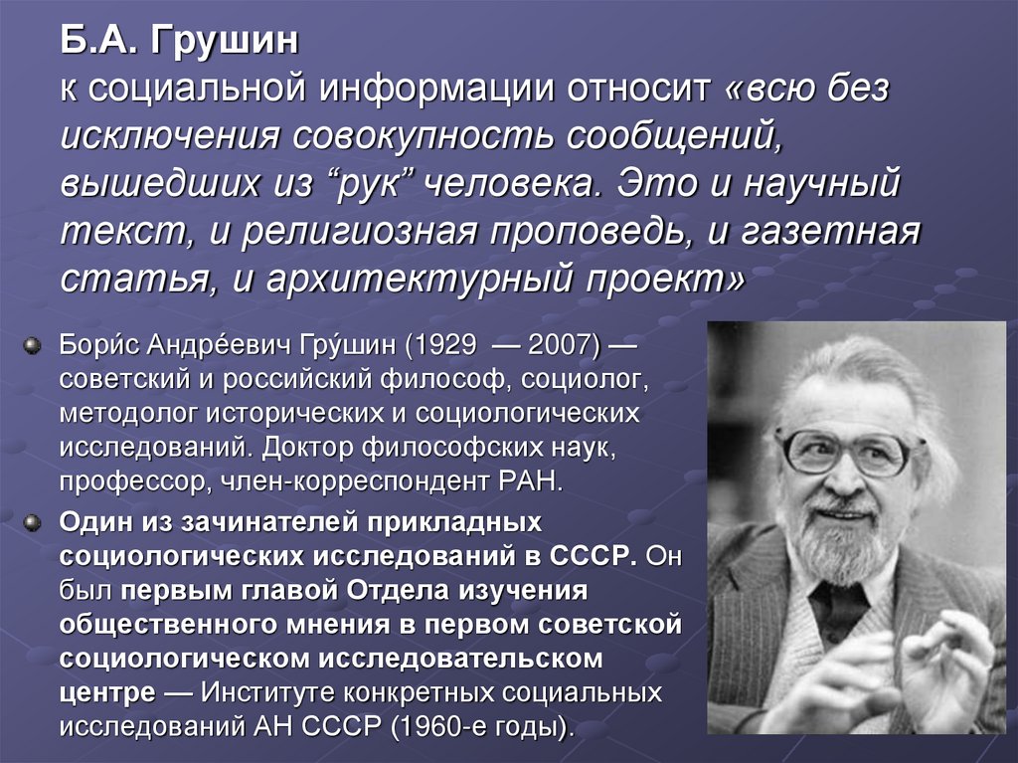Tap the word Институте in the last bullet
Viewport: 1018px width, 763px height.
pyautogui.click(x=270, y=691)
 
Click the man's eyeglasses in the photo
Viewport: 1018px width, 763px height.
pyautogui.click(x=842, y=452)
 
